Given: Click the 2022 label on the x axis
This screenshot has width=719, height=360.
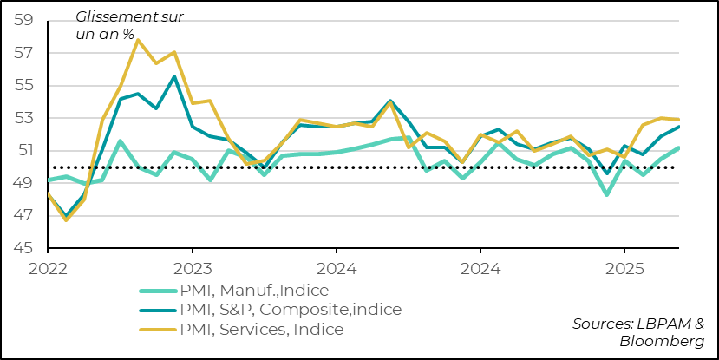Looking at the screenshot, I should [x=48, y=269].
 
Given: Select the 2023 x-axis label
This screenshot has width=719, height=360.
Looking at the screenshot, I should [x=192, y=269].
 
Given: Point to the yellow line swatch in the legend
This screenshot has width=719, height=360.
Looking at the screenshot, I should [x=161, y=330].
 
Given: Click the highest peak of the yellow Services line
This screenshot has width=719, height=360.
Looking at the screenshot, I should [x=138, y=40].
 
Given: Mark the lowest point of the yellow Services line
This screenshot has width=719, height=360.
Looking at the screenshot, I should [x=66, y=219].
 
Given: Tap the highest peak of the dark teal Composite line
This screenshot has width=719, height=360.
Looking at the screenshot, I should [x=174, y=76].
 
